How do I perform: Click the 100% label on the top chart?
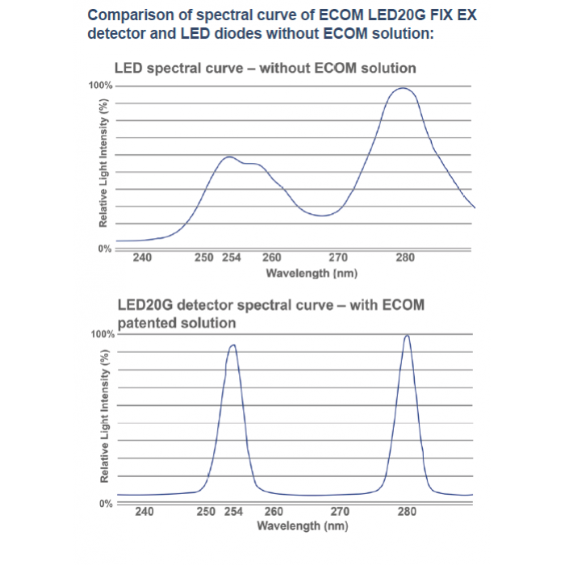coord(100,85)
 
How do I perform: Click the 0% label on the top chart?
coord(105,249)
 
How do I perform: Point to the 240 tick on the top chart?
coord(142,257)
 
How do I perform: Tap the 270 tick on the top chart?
coord(338,257)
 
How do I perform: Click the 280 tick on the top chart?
coord(405,257)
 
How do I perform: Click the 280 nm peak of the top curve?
coord(403,88)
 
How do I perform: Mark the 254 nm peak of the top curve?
coord(229,157)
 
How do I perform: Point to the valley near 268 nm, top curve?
coord(322,216)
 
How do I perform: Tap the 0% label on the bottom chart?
coord(105,503)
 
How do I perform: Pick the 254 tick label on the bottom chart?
coord(233,512)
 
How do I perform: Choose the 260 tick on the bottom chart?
coord(274,512)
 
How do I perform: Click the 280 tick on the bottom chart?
coord(406,512)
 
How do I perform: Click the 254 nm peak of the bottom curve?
coord(233,345)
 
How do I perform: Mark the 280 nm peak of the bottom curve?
coord(407,336)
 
